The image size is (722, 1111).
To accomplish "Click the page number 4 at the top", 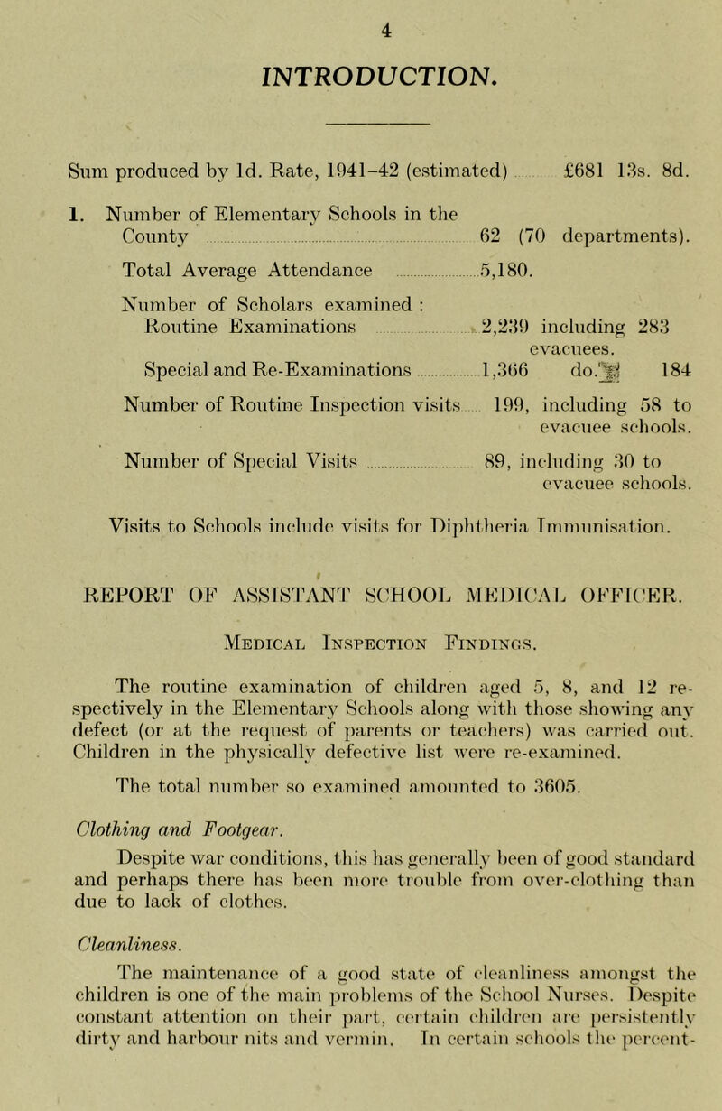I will click(x=361, y=14).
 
